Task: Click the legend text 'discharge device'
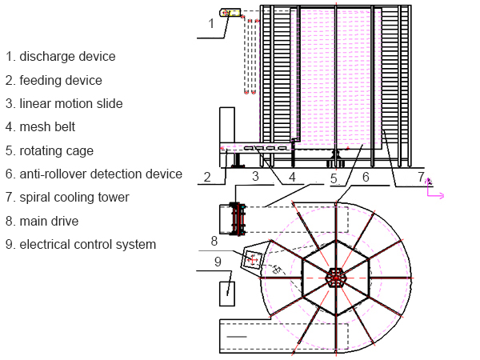pyautogui.click(x=67, y=57)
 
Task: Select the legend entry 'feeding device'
pyautogui.click(x=61, y=80)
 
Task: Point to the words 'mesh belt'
pyautogui.click(x=48, y=126)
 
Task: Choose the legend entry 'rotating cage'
pyautogui.click(x=56, y=150)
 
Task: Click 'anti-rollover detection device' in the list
pyautogui.click(x=101, y=174)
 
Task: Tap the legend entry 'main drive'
pyautogui.click(x=50, y=221)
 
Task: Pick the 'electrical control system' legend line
pyautogui.click(x=87, y=244)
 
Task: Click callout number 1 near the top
pyautogui.click(x=211, y=23)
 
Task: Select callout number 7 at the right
pyautogui.click(x=422, y=175)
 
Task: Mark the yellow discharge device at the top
pyautogui.click(x=230, y=12)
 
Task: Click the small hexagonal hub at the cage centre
pyautogui.click(x=336, y=278)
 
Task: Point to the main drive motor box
pyautogui.click(x=254, y=259)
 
